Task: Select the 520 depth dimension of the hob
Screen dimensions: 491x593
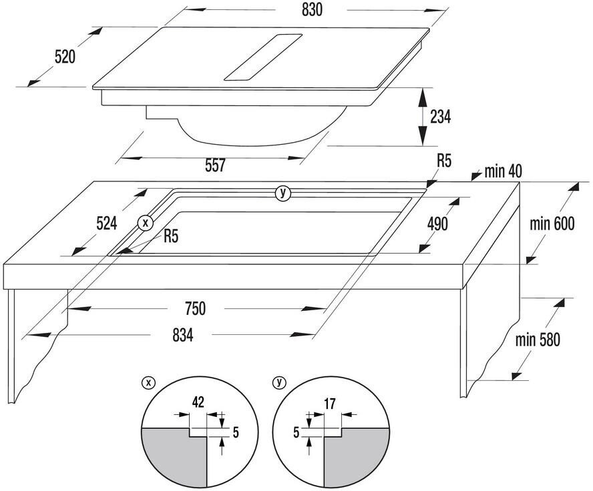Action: (65, 57)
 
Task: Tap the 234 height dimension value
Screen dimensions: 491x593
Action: (440, 117)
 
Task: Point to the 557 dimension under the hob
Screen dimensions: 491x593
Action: (215, 167)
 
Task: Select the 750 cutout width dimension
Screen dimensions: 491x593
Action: (194, 309)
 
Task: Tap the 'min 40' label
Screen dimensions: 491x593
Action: (504, 171)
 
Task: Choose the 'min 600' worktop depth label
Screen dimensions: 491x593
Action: (552, 223)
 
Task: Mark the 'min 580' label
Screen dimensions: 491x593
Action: (538, 340)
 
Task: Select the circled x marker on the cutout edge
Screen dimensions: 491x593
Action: (145, 222)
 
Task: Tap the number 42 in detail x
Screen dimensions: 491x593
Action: (198, 402)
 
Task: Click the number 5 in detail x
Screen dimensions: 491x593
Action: (234, 432)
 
